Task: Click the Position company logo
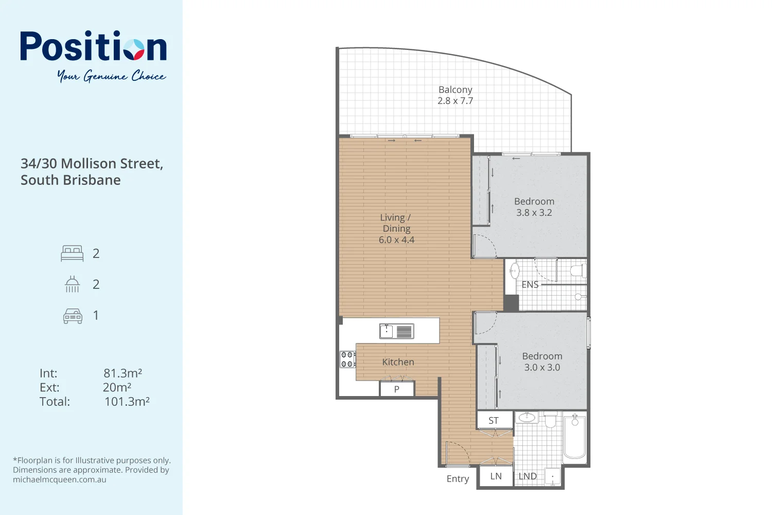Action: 93,47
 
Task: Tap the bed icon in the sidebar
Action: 72,253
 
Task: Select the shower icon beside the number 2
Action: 72,284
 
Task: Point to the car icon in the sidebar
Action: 73,316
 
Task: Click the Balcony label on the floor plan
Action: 455,90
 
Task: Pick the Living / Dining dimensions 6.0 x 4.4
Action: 396,240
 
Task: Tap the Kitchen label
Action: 398,362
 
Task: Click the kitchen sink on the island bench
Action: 387,331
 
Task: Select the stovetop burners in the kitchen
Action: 347,359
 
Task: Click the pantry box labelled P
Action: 397,389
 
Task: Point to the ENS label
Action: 530,285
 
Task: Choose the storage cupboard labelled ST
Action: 494,420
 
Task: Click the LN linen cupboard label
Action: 496,476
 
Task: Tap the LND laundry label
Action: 528,476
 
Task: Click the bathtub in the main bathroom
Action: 575,437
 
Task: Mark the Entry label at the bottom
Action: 458,479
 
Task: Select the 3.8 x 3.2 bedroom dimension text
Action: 534,213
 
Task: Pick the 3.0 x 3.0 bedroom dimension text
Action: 542,367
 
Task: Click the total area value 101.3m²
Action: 127,402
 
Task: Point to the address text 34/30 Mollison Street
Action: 92,164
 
